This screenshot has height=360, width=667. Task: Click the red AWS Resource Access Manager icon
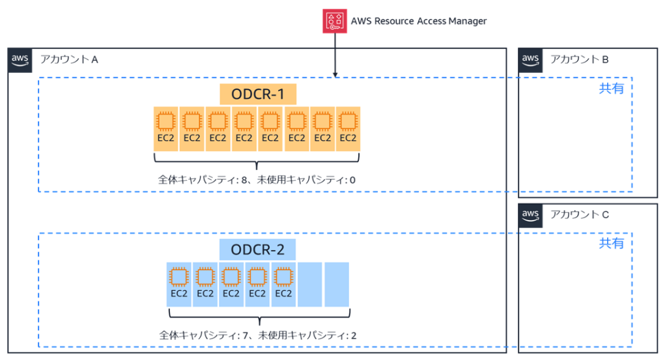[334, 21]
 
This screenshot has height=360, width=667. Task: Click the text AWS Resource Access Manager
[418, 21]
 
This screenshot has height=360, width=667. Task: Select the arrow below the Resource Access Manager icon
[335, 55]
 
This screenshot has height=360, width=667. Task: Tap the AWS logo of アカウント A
[20, 59]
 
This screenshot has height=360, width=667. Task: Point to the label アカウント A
[69, 59]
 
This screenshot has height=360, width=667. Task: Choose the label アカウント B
[579, 59]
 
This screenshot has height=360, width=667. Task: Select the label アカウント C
[579, 214]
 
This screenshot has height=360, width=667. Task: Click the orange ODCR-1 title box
[257, 94]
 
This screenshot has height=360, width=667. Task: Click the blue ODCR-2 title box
[257, 249]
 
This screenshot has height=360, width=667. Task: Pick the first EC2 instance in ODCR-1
[165, 128]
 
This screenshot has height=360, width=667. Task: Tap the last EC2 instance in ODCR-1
[348, 128]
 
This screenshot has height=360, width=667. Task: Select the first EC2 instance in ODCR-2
[179, 284]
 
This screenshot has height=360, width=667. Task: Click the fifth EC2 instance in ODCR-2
[283, 284]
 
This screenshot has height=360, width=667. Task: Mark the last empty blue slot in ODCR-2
[337, 284]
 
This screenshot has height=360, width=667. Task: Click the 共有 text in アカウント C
[611, 243]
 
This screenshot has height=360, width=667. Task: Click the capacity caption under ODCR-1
[257, 178]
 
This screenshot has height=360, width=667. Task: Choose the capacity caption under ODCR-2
[258, 335]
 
